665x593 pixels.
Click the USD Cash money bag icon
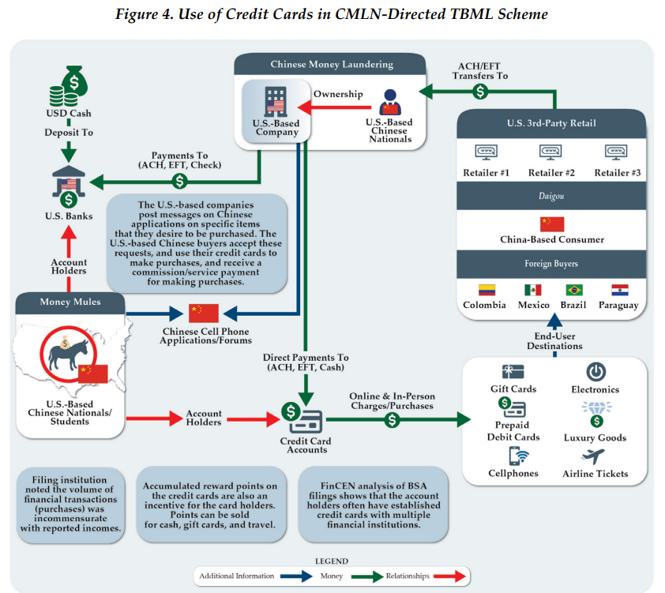(68, 86)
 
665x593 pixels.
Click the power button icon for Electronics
(595, 371)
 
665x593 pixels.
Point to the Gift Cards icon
(513, 371)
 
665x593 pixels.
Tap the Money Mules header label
(70, 302)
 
